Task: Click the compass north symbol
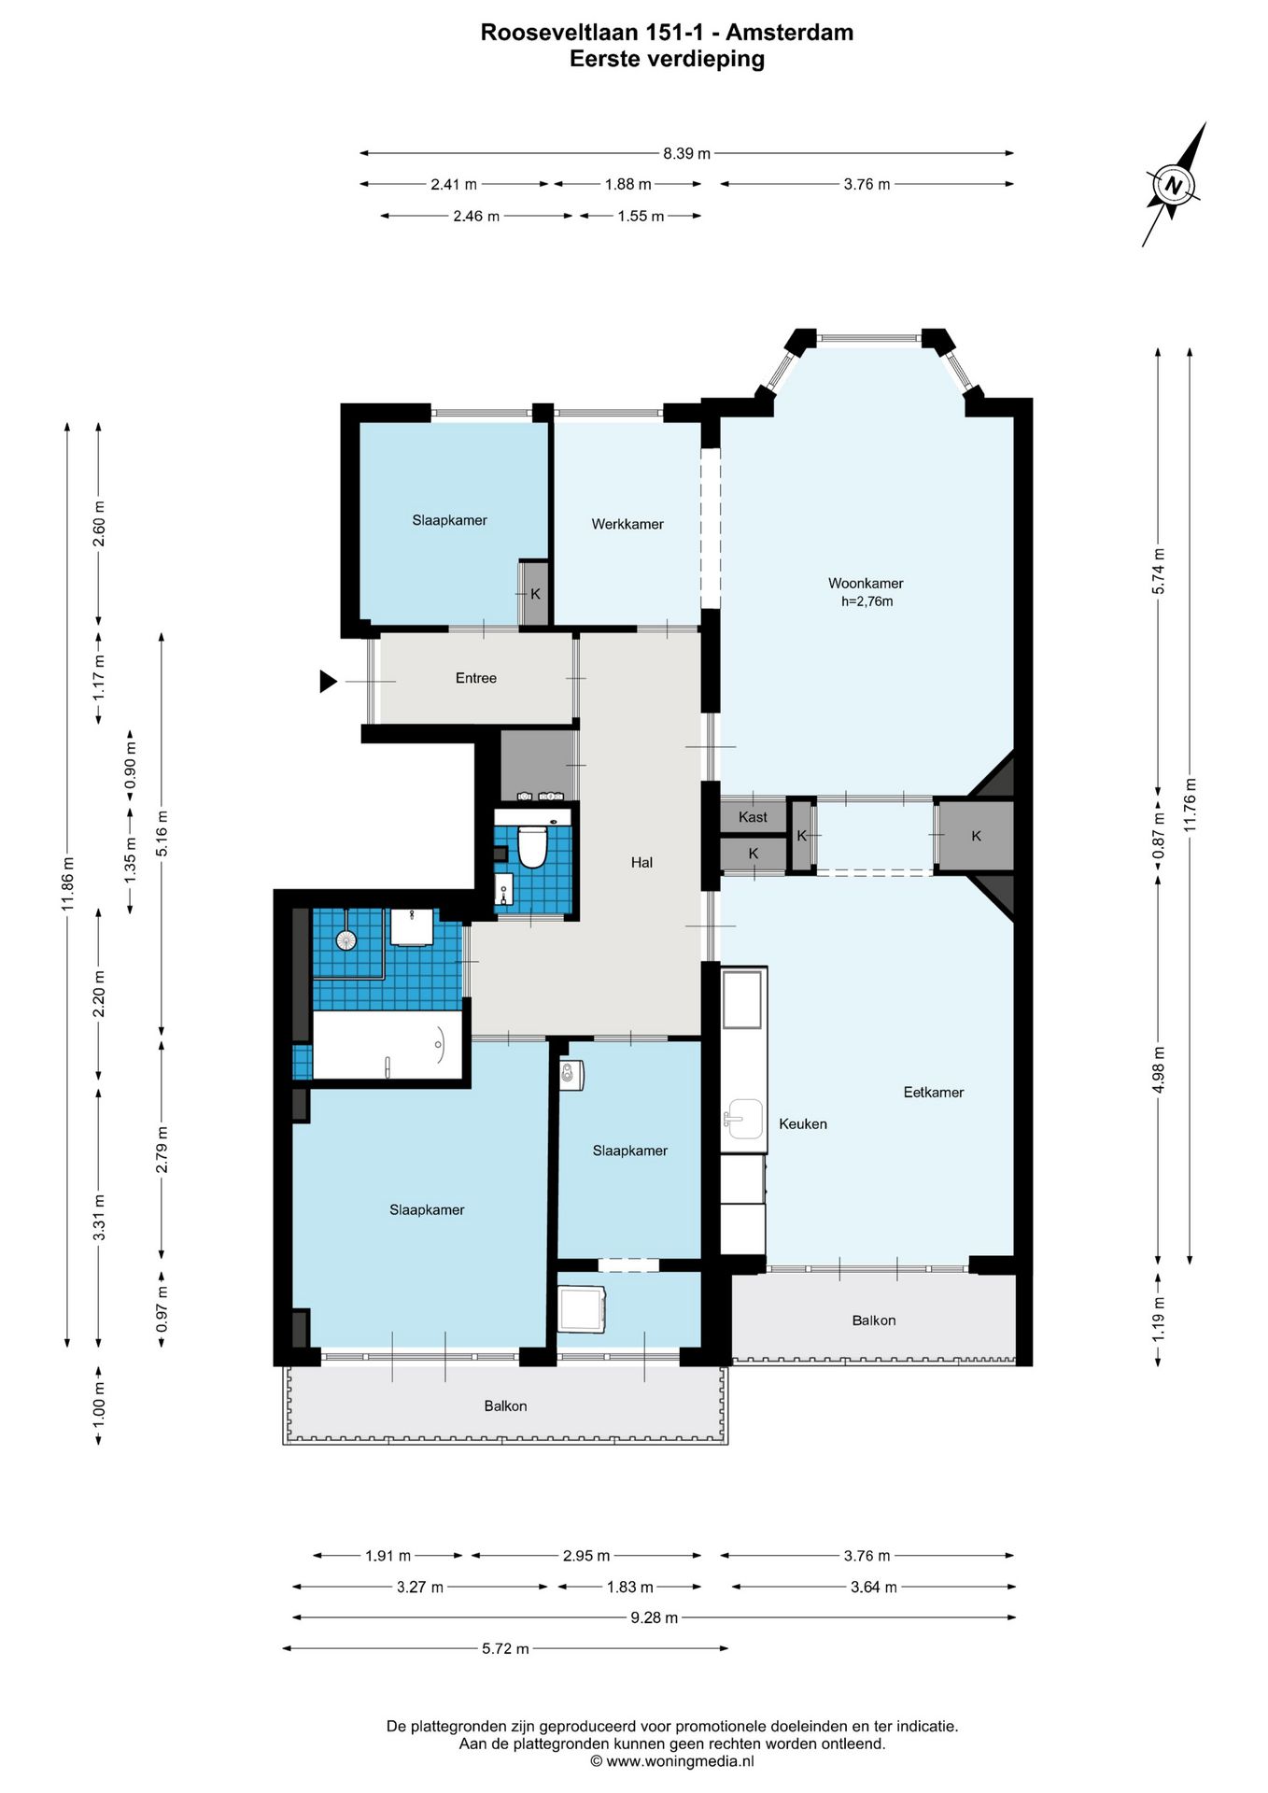1174,185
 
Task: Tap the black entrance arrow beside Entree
328,682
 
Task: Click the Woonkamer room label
866,584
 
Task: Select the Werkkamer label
627,525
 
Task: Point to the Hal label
641,863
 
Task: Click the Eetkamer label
934,1093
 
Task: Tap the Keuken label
803,1124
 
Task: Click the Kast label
753,817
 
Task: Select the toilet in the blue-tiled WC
532,845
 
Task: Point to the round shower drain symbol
346,939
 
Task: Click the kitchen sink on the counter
744,1119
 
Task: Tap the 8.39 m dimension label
686,153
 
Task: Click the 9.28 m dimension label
655,1617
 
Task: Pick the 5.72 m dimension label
505,1649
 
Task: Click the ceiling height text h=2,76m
866,602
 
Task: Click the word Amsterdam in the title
790,33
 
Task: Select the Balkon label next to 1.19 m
874,1321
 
